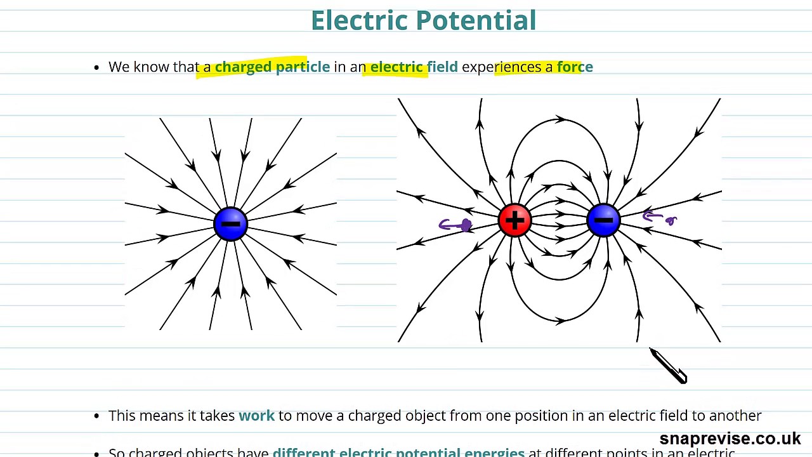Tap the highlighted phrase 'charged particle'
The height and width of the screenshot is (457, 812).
coord(272,67)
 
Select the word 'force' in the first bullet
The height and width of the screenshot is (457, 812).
coord(575,67)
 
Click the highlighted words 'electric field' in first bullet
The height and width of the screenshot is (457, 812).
coord(414,67)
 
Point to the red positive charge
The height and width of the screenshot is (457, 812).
coord(514,220)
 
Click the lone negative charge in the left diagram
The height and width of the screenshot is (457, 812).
coord(230,223)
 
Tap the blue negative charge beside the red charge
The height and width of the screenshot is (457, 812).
coord(603,220)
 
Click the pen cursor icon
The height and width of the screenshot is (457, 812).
coord(667,366)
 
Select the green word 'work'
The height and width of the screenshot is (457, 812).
coord(256,416)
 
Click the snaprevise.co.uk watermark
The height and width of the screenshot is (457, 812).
coord(730,439)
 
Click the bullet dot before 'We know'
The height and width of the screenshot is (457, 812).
coord(96,67)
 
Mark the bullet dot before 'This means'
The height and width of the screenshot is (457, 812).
coord(96,416)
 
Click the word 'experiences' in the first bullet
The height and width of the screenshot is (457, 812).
coord(501,67)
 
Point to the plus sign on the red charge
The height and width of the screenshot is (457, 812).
coord(514,220)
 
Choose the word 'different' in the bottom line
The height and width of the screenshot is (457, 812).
coord(303,453)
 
